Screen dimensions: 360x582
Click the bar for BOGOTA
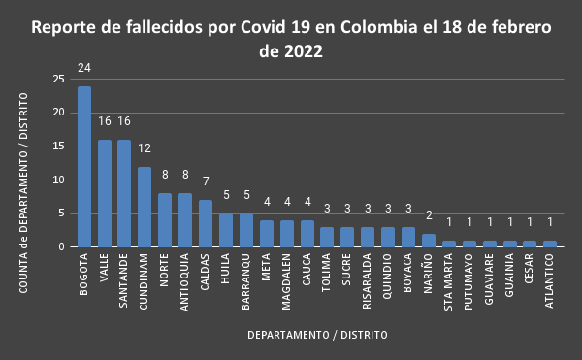pyautogui.click(x=84, y=166)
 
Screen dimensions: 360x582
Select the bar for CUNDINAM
pyautogui.click(x=145, y=207)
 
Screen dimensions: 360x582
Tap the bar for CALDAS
pyautogui.click(x=206, y=223)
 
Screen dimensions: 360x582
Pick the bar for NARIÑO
pyautogui.click(x=429, y=241)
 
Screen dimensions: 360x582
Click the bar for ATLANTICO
pyautogui.click(x=550, y=244)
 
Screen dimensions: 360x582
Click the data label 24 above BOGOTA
pyautogui.click(x=84, y=70)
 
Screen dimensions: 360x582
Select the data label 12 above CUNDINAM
pyautogui.click(x=145, y=148)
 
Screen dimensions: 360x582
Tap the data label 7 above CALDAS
pyautogui.click(x=206, y=182)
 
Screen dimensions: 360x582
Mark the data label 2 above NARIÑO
pyautogui.click(x=429, y=216)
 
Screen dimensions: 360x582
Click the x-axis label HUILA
pyautogui.click(x=226, y=267)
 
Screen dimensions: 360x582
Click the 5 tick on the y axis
pyautogui.click(x=62, y=213)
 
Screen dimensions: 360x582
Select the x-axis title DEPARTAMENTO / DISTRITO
pyautogui.click(x=317, y=335)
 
